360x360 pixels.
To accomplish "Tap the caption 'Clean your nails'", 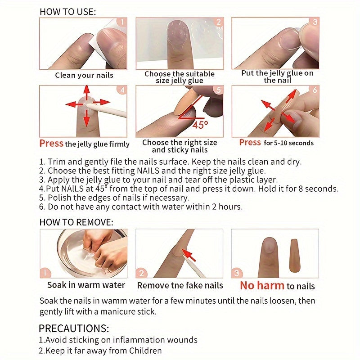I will coord(84,75).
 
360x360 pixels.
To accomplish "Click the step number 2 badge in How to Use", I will coord(218,22).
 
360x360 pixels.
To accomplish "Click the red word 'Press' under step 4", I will coord(51,144).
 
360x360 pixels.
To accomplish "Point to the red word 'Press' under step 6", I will coord(250,143).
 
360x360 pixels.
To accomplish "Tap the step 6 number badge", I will coord(314,90).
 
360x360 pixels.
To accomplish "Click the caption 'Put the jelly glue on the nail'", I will coord(277,76).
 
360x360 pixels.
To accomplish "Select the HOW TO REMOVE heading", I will coord(76,222).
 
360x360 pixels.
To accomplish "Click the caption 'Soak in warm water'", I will coord(86,285).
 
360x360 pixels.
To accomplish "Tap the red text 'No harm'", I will coord(262,285).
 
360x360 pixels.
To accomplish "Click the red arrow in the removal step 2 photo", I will coord(189,256).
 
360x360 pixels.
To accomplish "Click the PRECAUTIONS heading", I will coord(73,328).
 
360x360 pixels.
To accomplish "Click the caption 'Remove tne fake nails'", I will coord(180,285).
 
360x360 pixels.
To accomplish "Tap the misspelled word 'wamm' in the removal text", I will coord(117,301).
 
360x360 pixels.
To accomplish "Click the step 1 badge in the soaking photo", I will coord(45,273).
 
